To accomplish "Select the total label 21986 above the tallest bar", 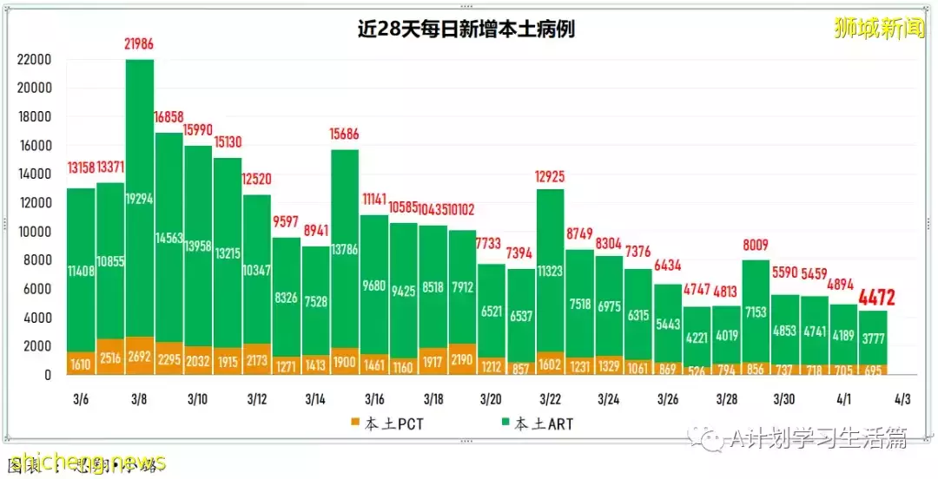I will coord(140,43).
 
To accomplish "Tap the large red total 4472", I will coord(876,299).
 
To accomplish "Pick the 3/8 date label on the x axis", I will coord(140,399).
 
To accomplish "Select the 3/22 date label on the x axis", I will coord(550,399).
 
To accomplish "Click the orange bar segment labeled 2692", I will coord(140,356).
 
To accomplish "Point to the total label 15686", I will coord(345,135).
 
